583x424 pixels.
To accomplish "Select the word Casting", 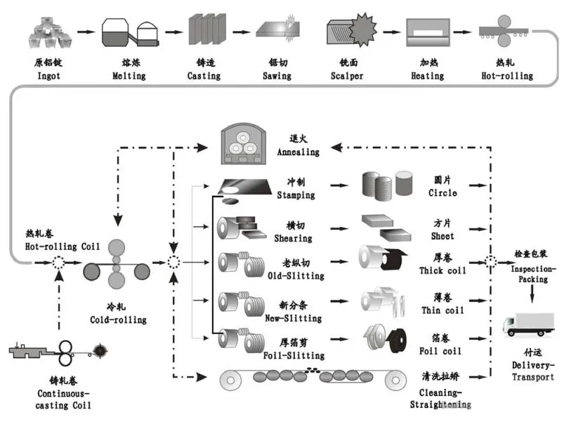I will pyautogui.click(x=204, y=75).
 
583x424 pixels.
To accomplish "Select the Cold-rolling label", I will pyautogui.click(x=118, y=319).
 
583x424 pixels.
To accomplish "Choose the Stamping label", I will pyautogui.click(x=296, y=194).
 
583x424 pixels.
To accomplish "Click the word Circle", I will pyautogui.click(x=443, y=193).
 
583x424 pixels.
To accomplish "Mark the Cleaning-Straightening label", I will pyautogui.click(x=440, y=399).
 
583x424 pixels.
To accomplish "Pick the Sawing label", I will pyautogui.click(x=277, y=75).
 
